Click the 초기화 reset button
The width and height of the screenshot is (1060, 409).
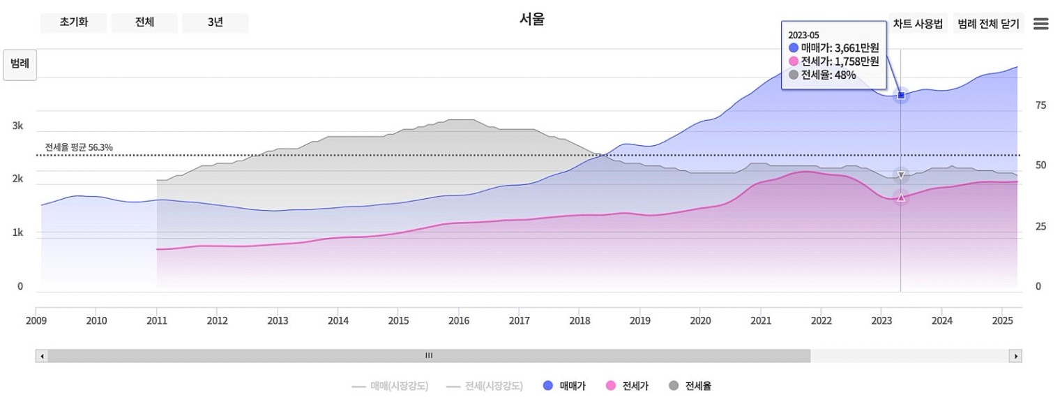[73, 22]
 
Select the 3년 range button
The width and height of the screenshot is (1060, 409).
[215, 22]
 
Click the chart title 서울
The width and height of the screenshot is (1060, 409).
[531, 20]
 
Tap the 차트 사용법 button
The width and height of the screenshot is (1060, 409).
[918, 24]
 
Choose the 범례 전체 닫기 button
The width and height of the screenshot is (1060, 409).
[988, 24]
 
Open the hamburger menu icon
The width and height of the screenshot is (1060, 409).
[1040, 24]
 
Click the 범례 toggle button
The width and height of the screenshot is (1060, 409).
[20, 64]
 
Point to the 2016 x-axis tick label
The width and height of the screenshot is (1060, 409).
[458, 320]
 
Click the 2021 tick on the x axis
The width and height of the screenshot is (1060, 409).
[760, 320]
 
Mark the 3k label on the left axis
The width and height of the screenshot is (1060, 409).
[17, 126]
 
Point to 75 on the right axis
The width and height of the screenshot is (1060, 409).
[1040, 105]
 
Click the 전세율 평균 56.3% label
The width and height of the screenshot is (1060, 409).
[79, 147]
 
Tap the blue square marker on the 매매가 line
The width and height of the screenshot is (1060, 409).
[900, 95]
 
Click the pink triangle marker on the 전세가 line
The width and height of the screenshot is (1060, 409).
[900, 198]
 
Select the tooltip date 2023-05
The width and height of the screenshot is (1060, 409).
[803, 35]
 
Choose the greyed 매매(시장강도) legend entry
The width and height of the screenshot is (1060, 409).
[390, 385]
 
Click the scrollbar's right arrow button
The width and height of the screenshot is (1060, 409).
[1015, 356]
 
